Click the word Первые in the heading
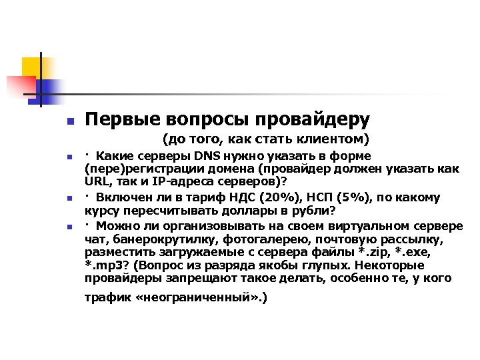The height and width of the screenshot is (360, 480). (x=114, y=119)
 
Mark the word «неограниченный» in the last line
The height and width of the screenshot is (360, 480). (x=198, y=298)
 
